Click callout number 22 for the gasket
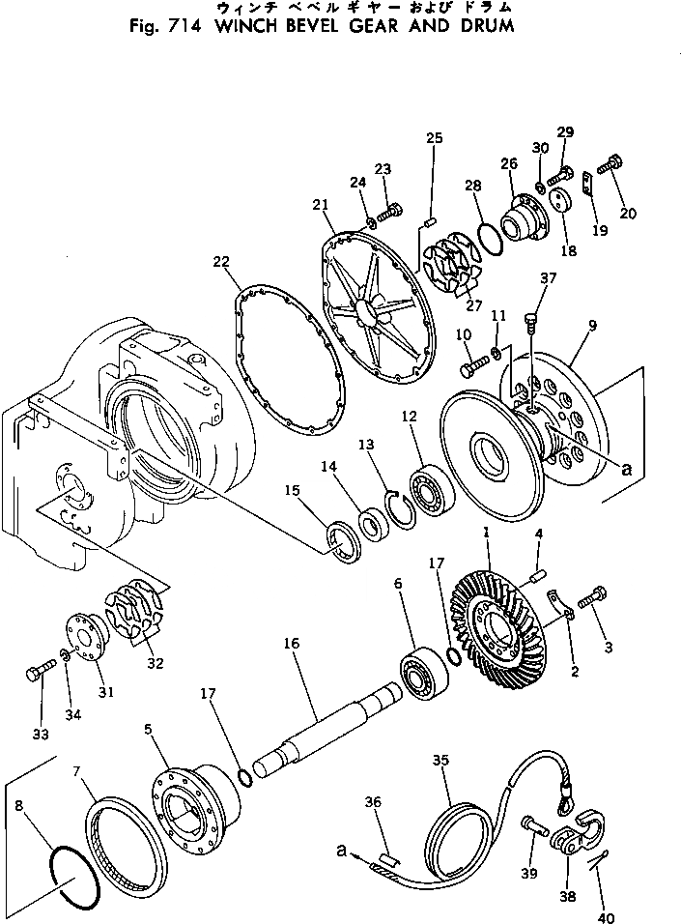coord(221,262)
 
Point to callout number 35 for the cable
coord(440,761)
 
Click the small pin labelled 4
coord(530,579)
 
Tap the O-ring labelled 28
coord(491,233)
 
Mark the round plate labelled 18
coord(562,205)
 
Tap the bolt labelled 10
coord(477,368)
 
